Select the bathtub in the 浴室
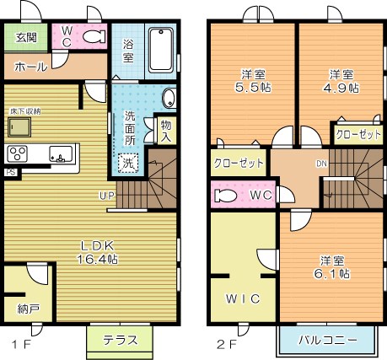coord(161,51)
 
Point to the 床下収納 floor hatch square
coord(19,126)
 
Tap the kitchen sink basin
coord(60,154)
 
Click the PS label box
coord(9,172)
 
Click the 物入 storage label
coord(166,131)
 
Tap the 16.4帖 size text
coord(99,259)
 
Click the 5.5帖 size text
coord(253,85)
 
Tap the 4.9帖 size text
coord(341,86)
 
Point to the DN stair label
coord(321,164)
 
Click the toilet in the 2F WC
coord(227,196)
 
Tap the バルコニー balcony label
coord(326,341)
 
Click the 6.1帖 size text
coord(331,274)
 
